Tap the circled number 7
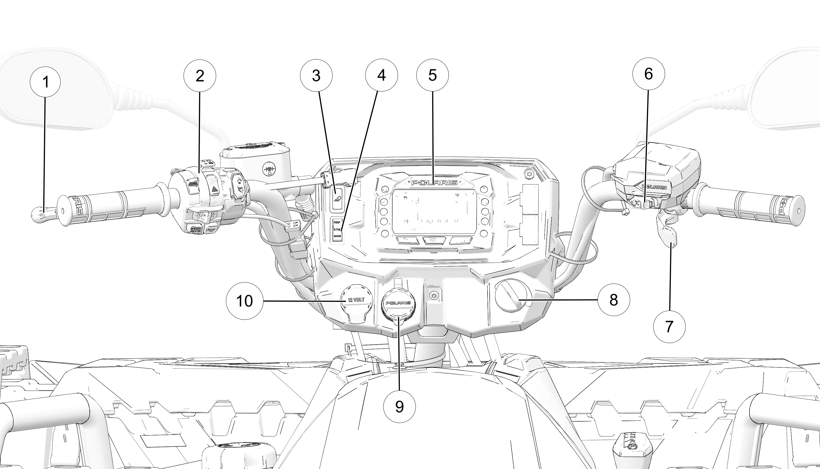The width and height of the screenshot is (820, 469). click(669, 327)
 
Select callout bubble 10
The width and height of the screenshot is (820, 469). click(244, 301)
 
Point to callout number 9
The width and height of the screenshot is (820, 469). click(399, 406)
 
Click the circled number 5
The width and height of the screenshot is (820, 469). click(432, 75)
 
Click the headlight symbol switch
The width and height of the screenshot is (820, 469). click(337, 199)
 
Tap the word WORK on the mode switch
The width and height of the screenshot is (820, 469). click(337, 236)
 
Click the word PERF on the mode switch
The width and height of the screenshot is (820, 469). click(337, 222)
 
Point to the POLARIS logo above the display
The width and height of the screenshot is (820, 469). click(434, 183)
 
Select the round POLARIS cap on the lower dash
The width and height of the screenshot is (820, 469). click(398, 303)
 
